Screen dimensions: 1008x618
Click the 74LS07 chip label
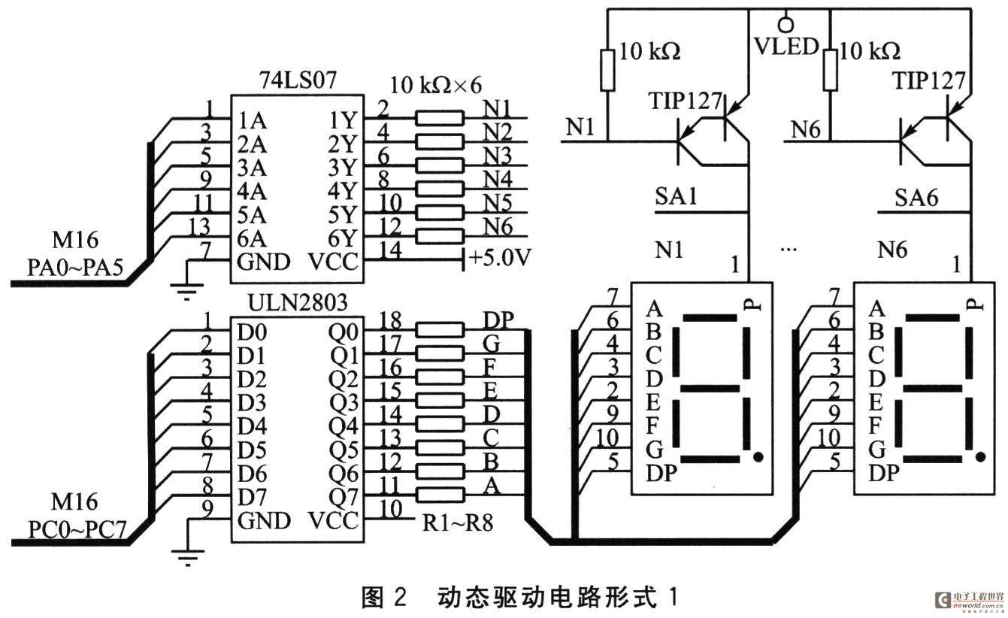click(298, 80)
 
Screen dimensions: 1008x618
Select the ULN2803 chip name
click(298, 302)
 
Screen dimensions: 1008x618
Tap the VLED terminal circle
click(786, 23)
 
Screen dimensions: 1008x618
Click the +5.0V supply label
click(500, 258)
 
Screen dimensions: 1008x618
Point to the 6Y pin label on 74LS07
click(341, 238)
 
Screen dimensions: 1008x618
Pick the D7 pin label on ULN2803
click(252, 498)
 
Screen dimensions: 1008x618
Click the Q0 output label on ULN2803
click(344, 332)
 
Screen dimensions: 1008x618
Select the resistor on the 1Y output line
click(439, 118)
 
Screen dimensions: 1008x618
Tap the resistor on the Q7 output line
click(439, 495)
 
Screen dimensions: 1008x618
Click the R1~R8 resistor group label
click(458, 523)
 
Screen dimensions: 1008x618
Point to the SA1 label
click(676, 196)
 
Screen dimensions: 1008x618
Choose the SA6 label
click(916, 198)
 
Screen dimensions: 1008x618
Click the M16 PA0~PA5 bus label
click(75, 253)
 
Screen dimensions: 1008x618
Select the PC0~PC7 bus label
click(77, 529)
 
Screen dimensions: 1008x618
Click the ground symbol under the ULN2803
click(188, 557)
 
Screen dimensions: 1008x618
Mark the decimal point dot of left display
click(758, 457)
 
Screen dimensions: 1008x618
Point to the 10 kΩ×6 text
click(436, 85)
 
